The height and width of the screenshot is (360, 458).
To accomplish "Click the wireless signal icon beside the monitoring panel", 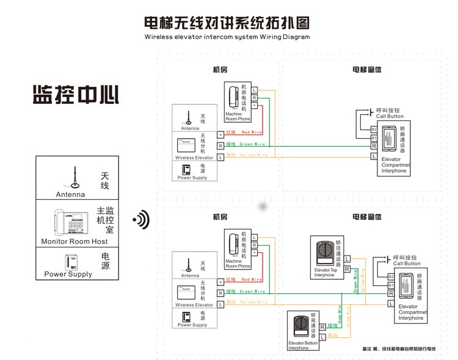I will [x=142, y=219].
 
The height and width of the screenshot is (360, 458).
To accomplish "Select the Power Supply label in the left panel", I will [x=68, y=274].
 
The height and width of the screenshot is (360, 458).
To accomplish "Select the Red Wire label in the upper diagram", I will [x=253, y=133].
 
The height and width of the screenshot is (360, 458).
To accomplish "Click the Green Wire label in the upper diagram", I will [x=252, y=144].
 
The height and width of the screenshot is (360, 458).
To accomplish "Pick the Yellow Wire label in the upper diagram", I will [x=253, y=155].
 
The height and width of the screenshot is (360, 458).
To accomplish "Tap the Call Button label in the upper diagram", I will [x=390, y=116].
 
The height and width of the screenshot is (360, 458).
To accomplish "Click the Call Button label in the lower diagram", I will [x=407, y=263].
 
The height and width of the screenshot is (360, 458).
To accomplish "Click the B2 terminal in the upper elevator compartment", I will [x=374, y=129].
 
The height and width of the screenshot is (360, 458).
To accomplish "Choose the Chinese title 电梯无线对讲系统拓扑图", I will [x=227, y=23].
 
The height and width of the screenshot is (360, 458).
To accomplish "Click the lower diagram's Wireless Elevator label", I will [x=194, y=304].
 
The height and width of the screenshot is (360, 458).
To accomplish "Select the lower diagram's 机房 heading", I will [x=220, y=217].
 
